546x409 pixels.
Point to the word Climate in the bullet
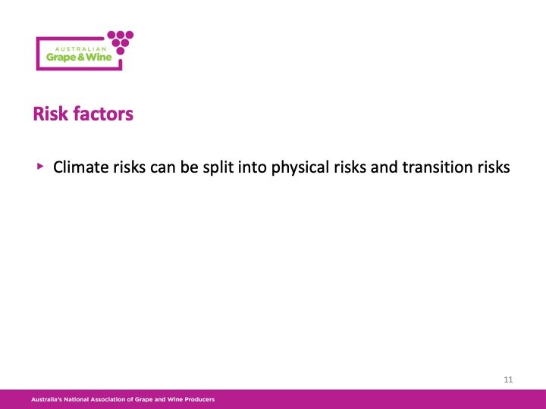pyautogui.click(x=80, y=167)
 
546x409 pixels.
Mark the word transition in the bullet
pyautogui.click(x=438, y=167)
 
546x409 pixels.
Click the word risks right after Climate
pyautogui.click(x=127, y=167)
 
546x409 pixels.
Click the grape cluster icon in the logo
pyautogui.click(x=120, y=41)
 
